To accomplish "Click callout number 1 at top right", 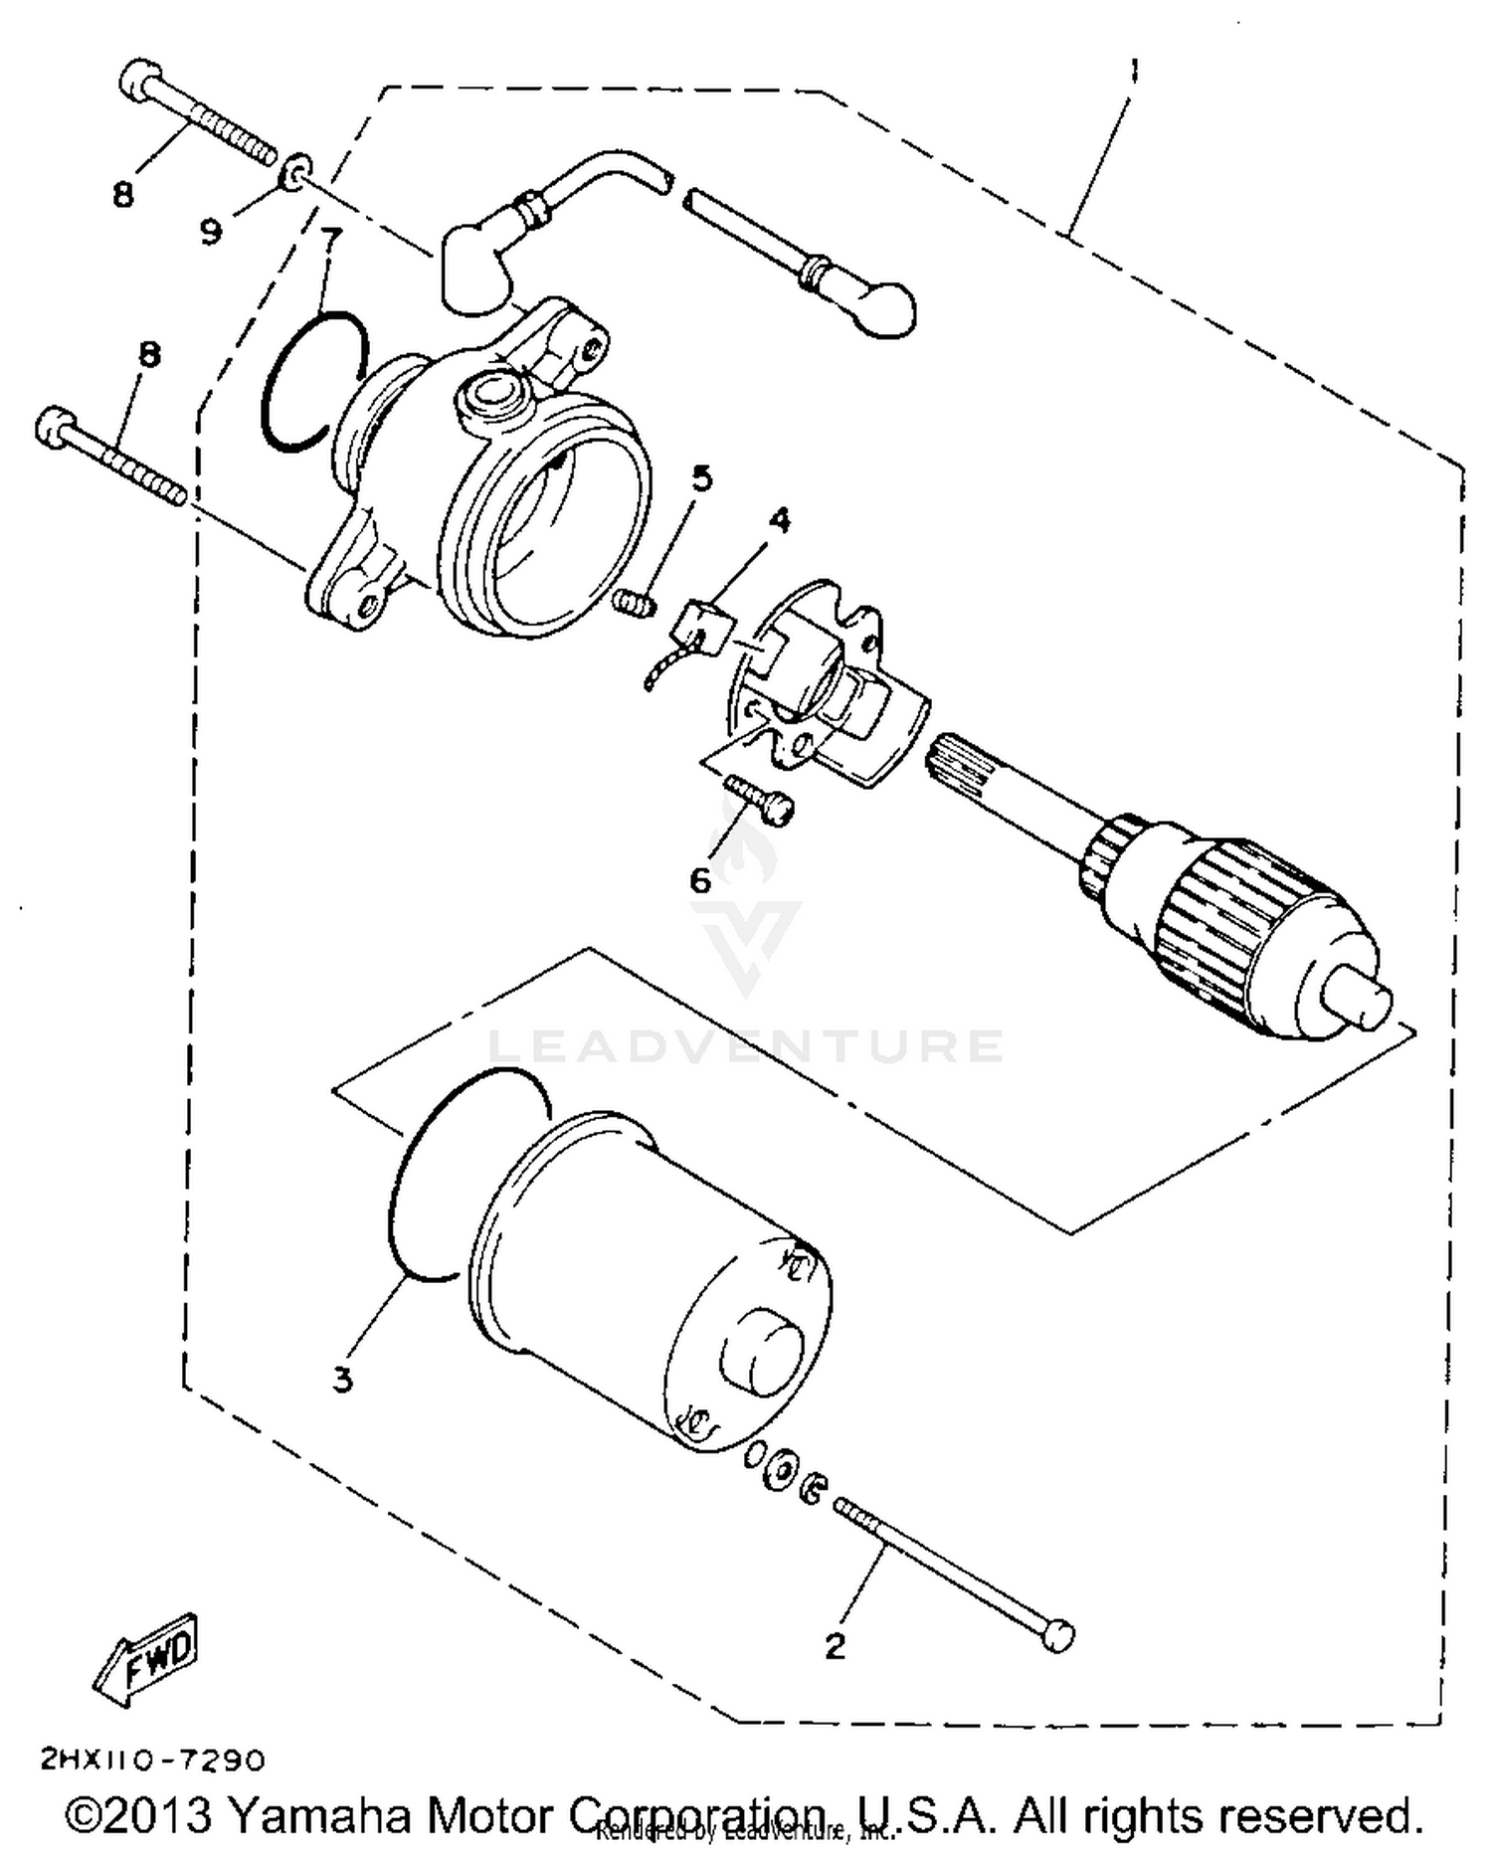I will coord(1135,72).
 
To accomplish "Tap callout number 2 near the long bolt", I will coord(835,1646).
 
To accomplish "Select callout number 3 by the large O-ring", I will coord(342,1380).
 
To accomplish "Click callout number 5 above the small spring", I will coord(702,478).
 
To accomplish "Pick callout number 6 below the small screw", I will coord(700,879).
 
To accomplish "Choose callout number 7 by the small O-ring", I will coord(331,238).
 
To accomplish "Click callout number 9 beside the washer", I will coord(211,232).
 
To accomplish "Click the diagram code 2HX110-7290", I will coord(153,1760).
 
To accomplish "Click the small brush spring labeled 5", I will coord(633,602).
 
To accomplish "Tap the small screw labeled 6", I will coord(761,800).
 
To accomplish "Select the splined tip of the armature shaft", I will coord(956,760).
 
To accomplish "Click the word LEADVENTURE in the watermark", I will coord(746,1045).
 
